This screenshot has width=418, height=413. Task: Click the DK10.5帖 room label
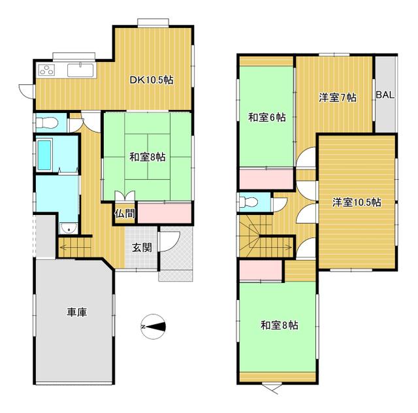point(151,80)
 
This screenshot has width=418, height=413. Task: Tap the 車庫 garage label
point(77,312)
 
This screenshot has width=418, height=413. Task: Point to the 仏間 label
point(125,214)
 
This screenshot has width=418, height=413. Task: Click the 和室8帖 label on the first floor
point(146,157)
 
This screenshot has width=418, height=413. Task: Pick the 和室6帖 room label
point(266,118)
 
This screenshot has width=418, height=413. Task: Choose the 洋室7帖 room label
point(337,97)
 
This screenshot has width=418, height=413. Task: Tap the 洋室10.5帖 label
point(357,203)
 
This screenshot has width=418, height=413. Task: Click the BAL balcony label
point(385,95)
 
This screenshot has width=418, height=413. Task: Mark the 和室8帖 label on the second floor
point(279,325)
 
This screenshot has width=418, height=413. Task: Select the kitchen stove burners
point(48,71)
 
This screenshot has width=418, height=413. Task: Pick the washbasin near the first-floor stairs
point(67,228)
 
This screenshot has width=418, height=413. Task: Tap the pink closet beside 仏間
point(165,212)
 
